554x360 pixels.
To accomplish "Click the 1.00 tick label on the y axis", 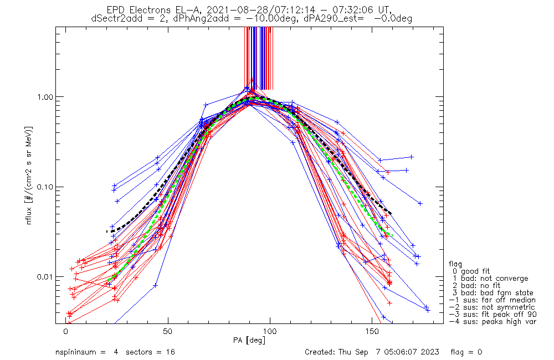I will click(43, 97).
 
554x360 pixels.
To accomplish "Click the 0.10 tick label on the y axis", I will click(43, 187).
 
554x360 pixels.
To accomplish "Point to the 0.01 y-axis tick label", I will click(43, 277).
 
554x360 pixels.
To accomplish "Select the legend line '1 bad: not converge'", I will click(490, 279).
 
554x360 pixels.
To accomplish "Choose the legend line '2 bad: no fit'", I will click(479, 286).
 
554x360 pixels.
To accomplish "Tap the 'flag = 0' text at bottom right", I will click(484, 352).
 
